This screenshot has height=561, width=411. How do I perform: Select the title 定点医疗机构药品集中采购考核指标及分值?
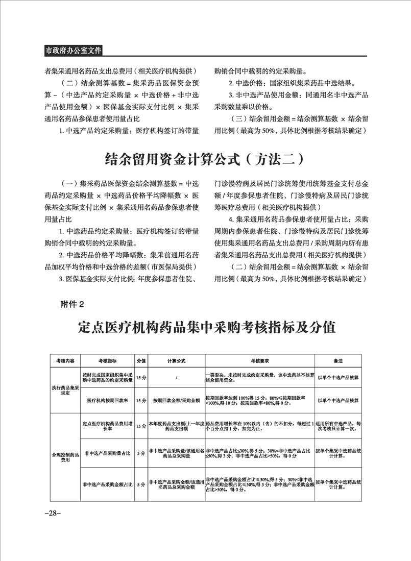pos(207,327)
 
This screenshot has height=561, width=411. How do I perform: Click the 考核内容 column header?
pos(65,360)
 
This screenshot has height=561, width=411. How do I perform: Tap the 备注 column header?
pos(338,360)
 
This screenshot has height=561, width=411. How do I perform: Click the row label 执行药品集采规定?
pos(65,391)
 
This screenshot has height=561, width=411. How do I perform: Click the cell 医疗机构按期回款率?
pos(107,401)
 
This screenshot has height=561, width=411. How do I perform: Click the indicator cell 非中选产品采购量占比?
pos(107,453)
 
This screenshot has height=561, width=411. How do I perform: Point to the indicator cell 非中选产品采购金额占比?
pos(107,483)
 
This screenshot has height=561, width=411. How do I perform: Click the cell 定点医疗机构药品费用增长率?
pos(107,426)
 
